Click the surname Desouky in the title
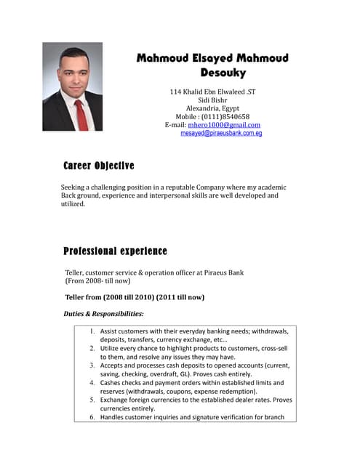[x=223, y=73]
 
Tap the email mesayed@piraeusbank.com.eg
[x=221, y=134]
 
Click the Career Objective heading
[x=99, y=166]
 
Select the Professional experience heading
[x=115, y=251]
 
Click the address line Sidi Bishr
[x=212, y=100]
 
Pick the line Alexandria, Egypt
[x=212, y=108]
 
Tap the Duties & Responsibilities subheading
[x=104, y=314]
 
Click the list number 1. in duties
[x=93, y=331]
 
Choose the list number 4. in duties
[x=93, y=382]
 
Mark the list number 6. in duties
[x=93, y=417]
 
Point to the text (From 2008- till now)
[x=98, y=281]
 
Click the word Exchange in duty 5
[x=116, y=400]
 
